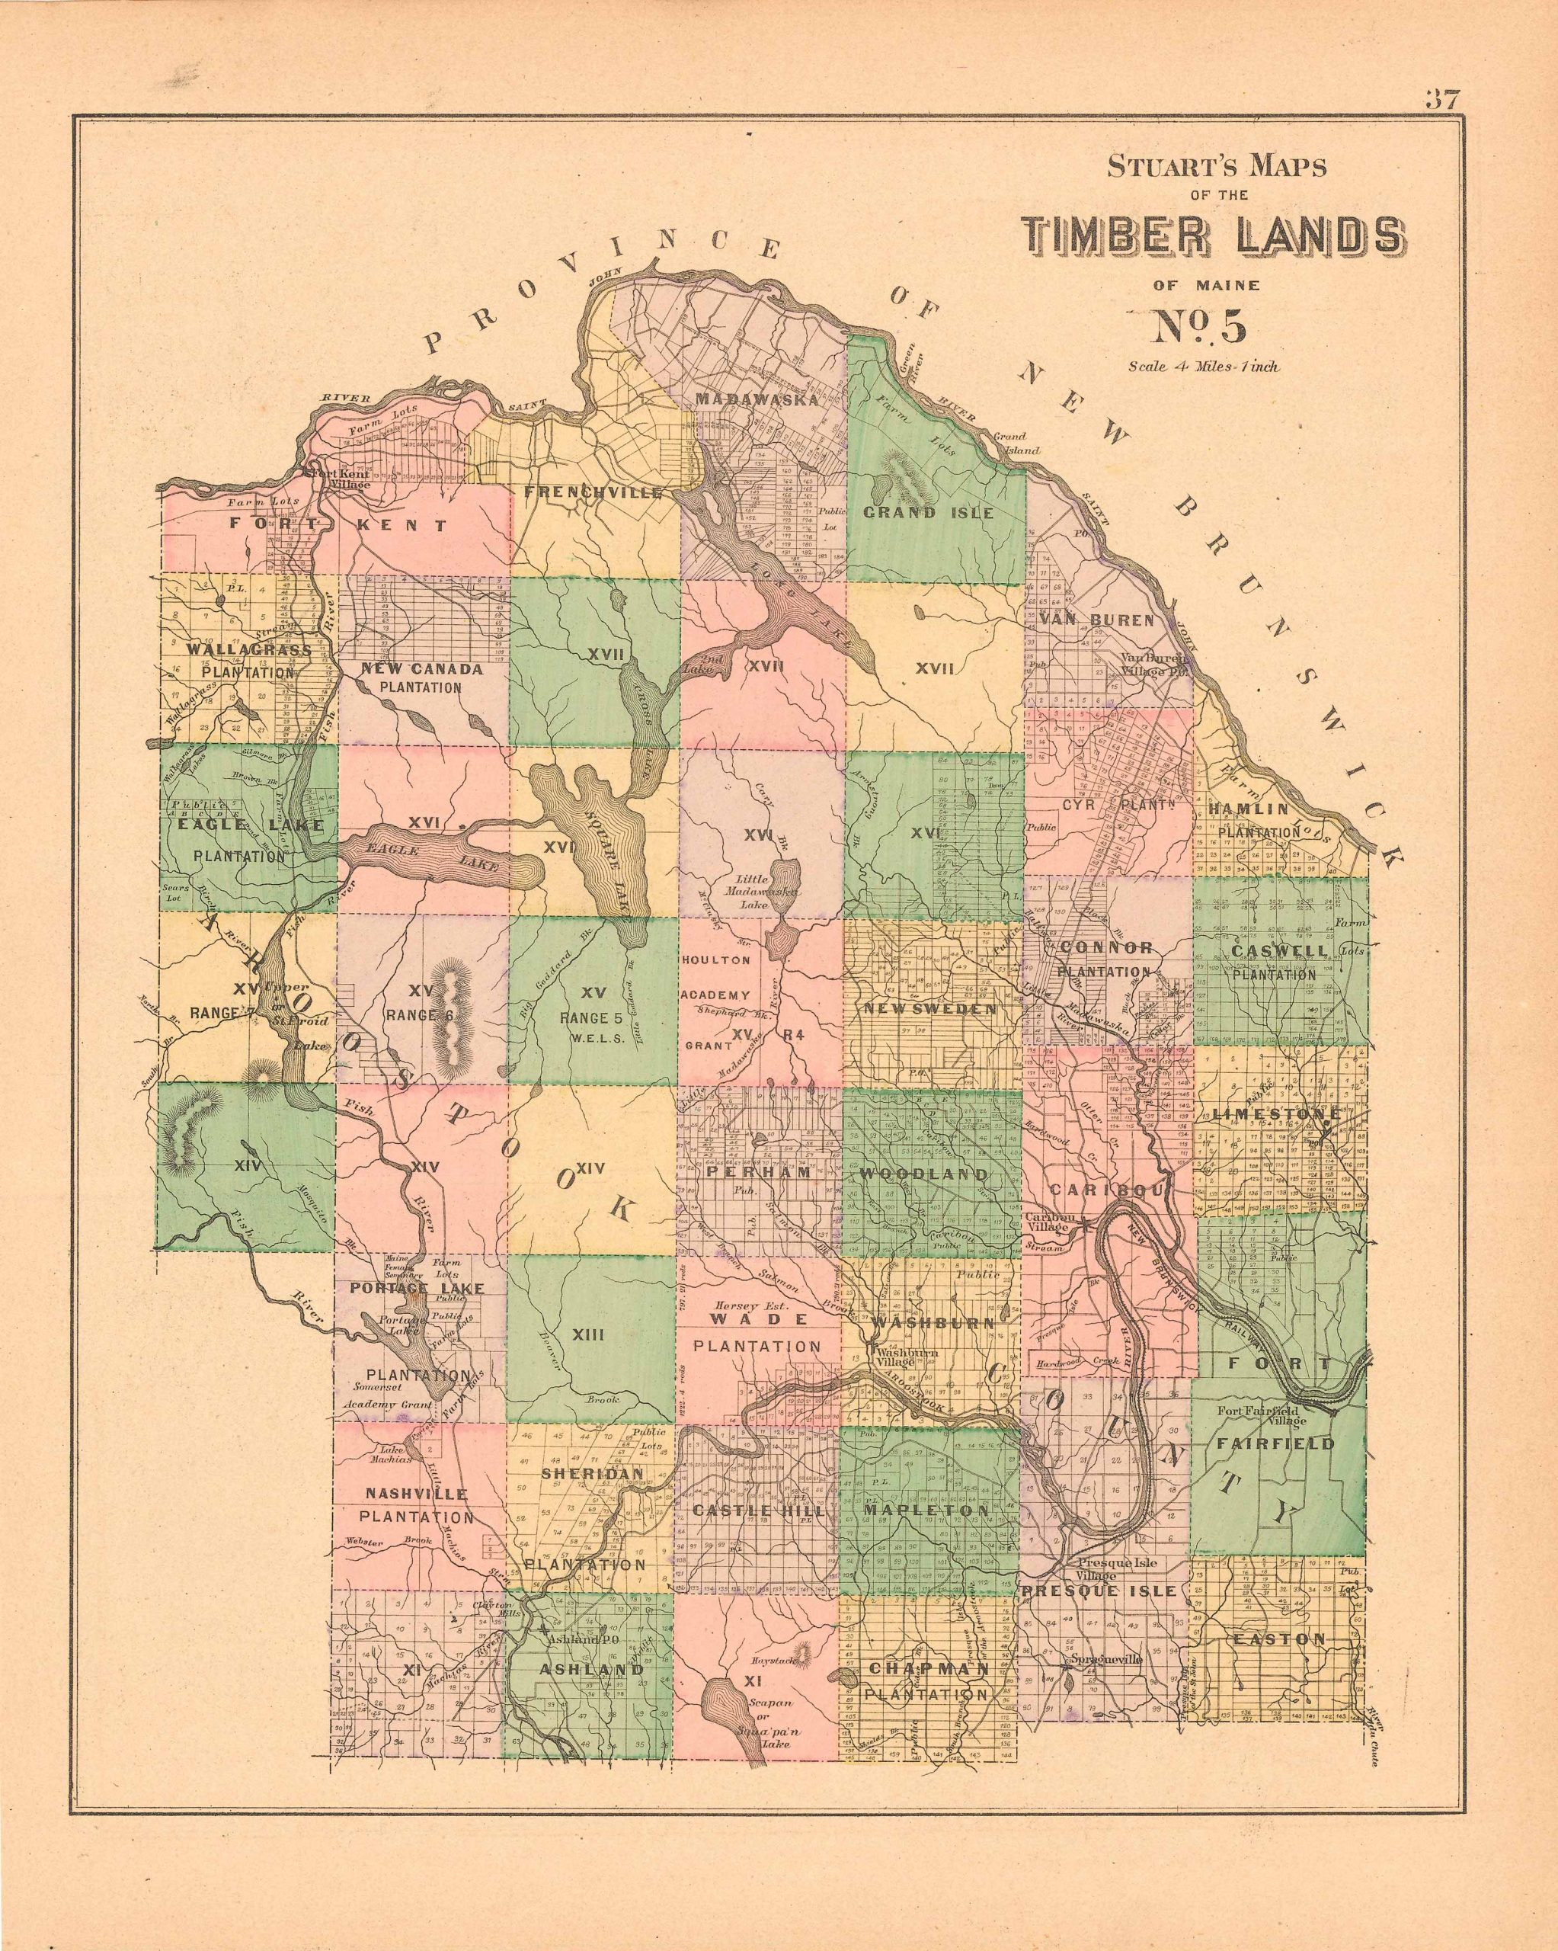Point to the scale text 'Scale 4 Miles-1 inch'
(x=1203, y=367)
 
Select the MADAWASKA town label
(x=757, y=399)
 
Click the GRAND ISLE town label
(x=928, y=512)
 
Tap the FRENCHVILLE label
(x=593, y=493)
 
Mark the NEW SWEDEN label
(x=931, y=1008)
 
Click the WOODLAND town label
(x=924, y=1174)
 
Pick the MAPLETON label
(x=926, y=1511)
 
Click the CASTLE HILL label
(x=758, y=1511)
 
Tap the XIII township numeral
(x=588, y=1333)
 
